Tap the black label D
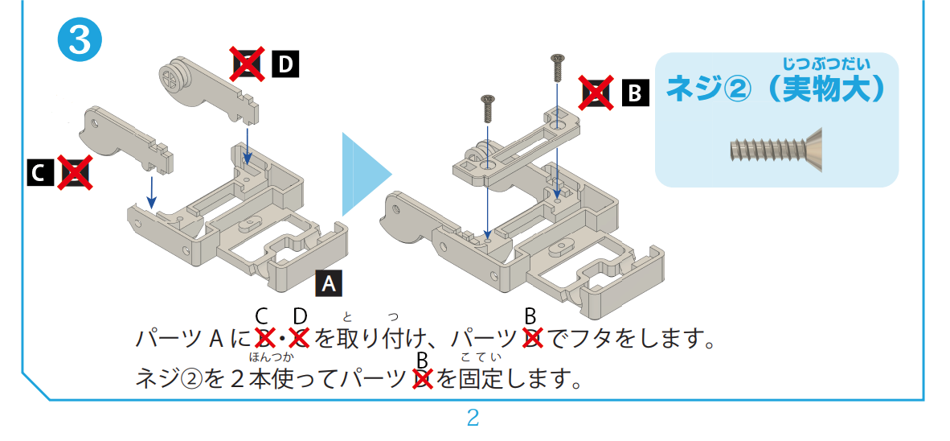pos(285,65)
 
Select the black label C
pos(39,173)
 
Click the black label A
pos(329,284)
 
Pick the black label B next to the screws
pos(635,93)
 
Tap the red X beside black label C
pos(75,172)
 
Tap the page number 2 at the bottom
pos(473,418)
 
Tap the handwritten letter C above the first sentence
pos(261,316)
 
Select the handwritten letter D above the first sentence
pos(301,316)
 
